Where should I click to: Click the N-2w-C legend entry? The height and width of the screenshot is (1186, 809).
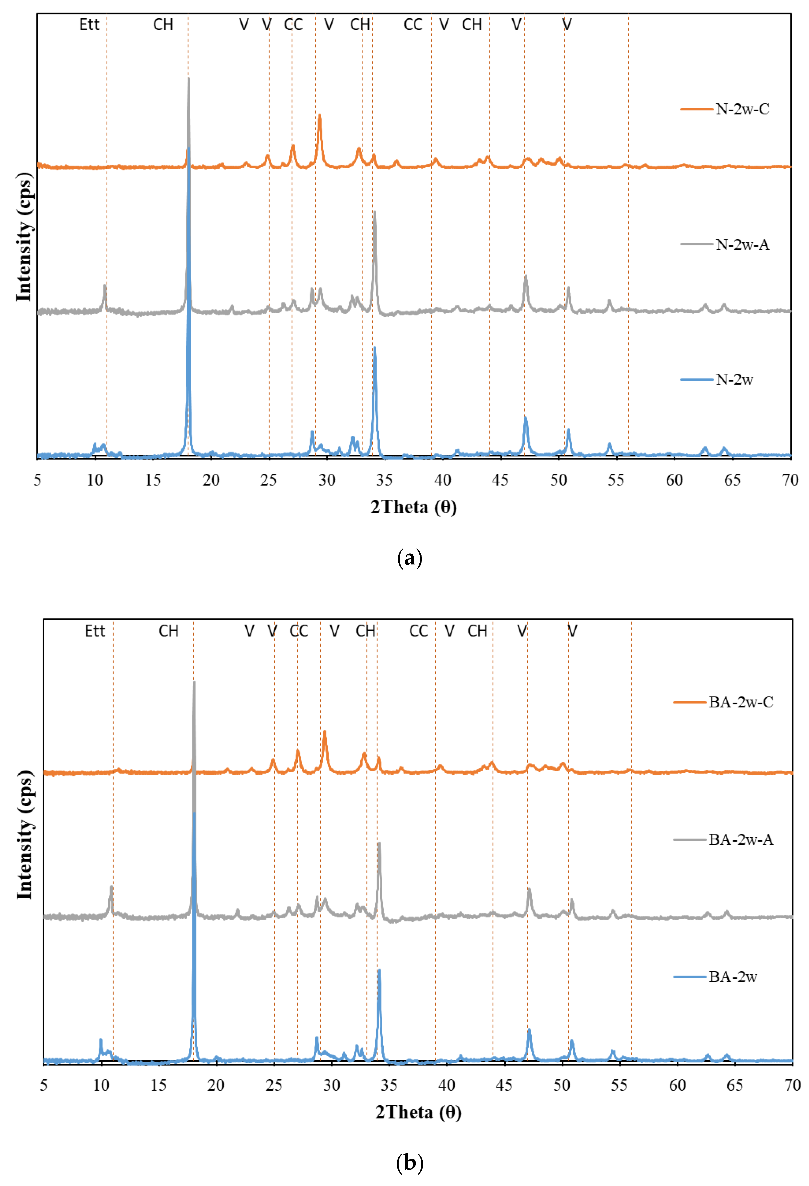[x=742, y=109]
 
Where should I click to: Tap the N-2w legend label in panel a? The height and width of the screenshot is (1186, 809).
[x=734, y=379]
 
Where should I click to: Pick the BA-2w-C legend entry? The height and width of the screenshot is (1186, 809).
[x=741, y=702]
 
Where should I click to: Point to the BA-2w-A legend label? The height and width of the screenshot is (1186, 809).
[x=741, y=839]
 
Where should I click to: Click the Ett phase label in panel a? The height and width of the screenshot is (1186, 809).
[x=89, y=25]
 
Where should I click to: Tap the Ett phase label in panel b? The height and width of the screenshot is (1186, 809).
[x=95, y=631]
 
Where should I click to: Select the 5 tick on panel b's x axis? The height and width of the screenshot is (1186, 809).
[x=44, y=1085]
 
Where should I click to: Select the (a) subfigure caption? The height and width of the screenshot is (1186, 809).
[x=409, y=558]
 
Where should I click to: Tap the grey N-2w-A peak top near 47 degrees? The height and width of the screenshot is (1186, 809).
[x=525, y=276]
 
